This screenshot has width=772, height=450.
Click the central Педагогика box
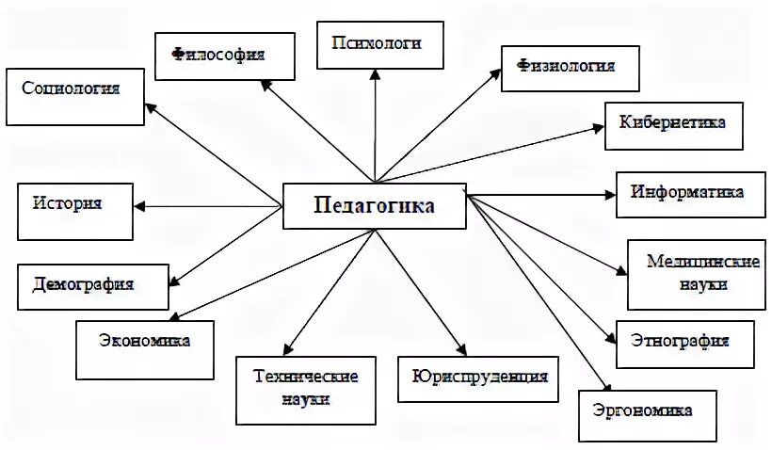pyautogui.click(x=375, y=205)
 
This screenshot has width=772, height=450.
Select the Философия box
pyautogui.click(x=218, y=55)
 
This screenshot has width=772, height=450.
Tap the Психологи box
pyautogui.click(x=380, y=44)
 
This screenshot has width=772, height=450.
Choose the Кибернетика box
pyautogui.click(x=671, y=123)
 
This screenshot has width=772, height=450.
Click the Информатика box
pyautogui.click(x=686, y=193)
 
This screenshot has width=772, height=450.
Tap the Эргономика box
pyautogui.click(x=642, y=410)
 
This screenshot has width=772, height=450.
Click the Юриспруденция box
pyautogui.click(x=479, y=379)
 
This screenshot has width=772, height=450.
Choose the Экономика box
pyautogui.click(x=145, y=343)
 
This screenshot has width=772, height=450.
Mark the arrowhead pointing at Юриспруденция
pyautogui.click(x=458, y=348)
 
